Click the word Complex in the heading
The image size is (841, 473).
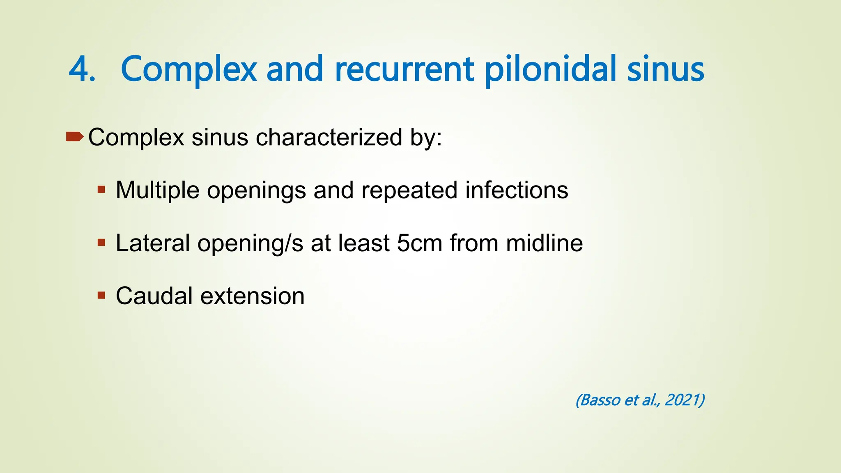click(189, 69)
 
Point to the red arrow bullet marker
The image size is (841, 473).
click(74, 136)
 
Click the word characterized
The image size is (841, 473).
click(329, 137)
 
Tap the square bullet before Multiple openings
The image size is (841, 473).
click(101, 190)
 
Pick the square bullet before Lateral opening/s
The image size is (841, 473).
click(101, 243)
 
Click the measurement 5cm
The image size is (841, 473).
click(419, 243)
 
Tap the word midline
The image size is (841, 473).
click(544, 243)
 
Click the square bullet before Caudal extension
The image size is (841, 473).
click(101, 295)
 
